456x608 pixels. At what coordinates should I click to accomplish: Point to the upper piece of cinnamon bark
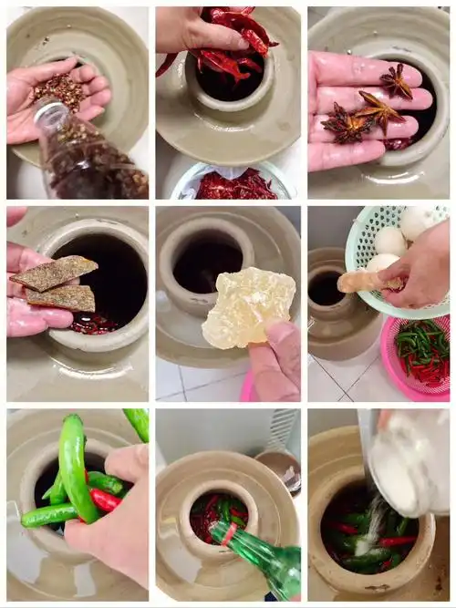(x=55, y=272)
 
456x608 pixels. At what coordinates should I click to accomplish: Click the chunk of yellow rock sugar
(x=247, y=306)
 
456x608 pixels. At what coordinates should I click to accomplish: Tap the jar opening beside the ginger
(x=326, y=289)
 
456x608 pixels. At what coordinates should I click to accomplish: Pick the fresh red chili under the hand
(x=104, y=500)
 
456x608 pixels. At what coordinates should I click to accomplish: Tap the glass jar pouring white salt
(x=410, y=460)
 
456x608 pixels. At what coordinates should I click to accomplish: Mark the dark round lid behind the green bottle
(x=279, y=470)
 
